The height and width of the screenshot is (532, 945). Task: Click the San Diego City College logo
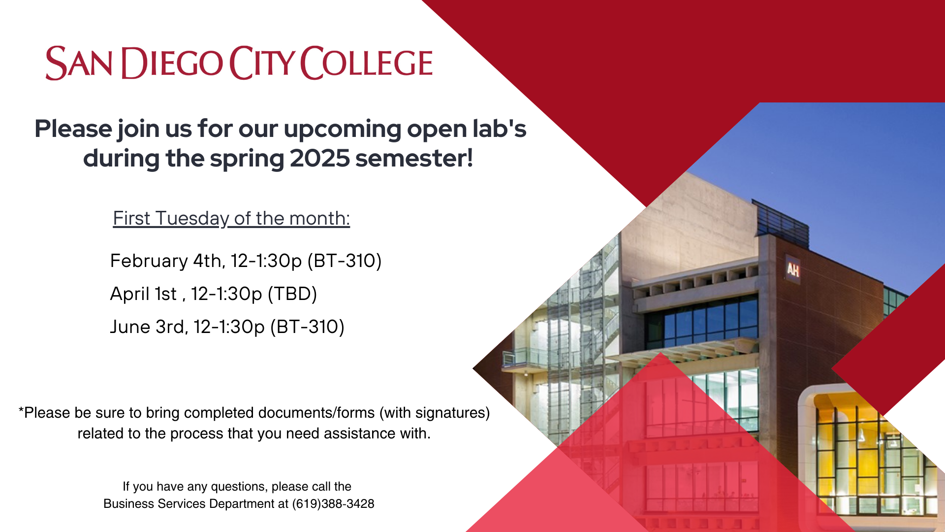tap(239, 63)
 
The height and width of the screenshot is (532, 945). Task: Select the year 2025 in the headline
tap(319, 159)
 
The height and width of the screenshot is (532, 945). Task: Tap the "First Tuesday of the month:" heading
tap(231, 218)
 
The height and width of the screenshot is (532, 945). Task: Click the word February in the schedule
tap(149, 261)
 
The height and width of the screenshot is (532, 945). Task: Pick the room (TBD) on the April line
tap(292, 294)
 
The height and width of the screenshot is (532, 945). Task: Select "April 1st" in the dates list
tap(143, 294)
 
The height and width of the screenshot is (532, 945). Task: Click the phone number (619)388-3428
tap(333, 503)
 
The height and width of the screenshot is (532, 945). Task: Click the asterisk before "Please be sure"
tap(21, 410)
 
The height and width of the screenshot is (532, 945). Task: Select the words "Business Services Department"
tap(196, 503)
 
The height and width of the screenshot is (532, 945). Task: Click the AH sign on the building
tap(792, 269)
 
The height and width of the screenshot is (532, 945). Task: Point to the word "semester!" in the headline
tap(414, 159)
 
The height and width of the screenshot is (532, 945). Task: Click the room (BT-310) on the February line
tap(345, 261)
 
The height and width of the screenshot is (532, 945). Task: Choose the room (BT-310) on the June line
tap(307, 327)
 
